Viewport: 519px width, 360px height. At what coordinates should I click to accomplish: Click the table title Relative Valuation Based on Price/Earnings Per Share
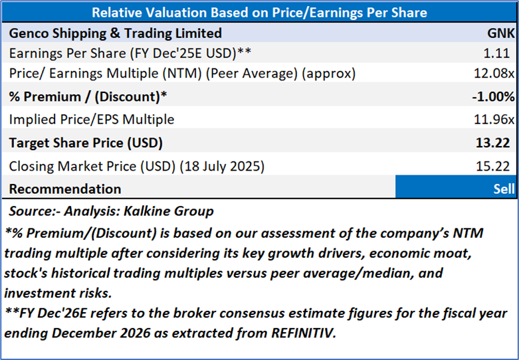[259, 12]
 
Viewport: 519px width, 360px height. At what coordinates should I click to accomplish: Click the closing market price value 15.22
[499, 165]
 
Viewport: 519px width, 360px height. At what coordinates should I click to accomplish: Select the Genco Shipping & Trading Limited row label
[116, 33]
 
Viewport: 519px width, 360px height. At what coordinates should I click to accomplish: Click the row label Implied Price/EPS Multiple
[92, 120]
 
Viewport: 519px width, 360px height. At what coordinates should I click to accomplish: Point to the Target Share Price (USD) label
[86, 143]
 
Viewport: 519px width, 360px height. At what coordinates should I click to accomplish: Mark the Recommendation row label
[65, 189]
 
